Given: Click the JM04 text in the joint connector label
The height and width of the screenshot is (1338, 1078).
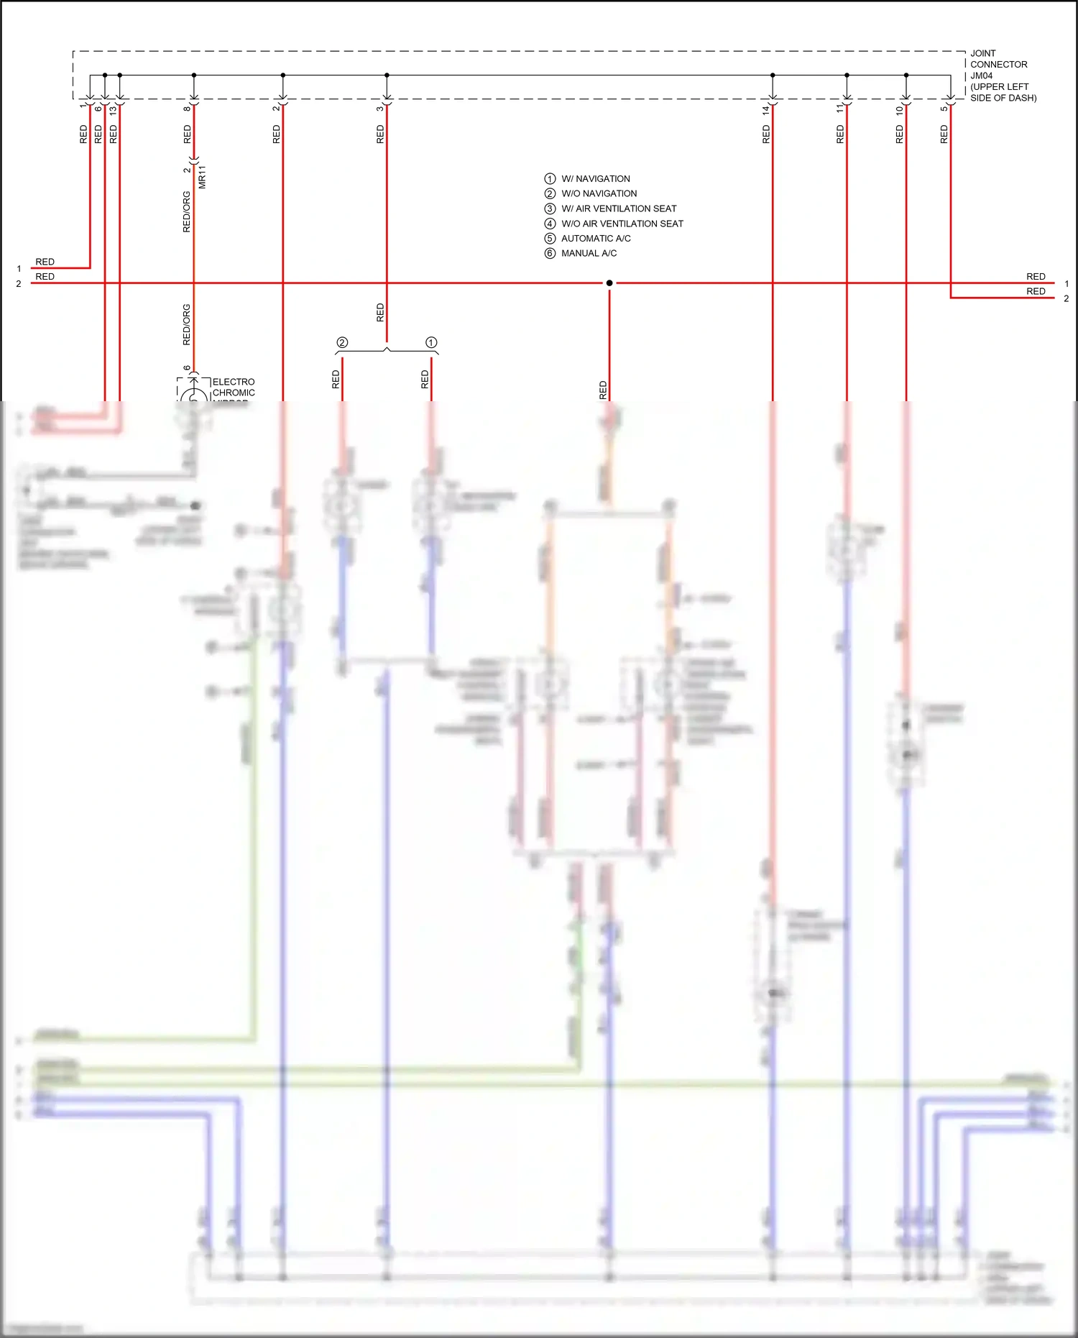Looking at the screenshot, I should point(981,75).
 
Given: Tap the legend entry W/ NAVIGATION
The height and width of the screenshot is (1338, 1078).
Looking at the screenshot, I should point(595,179).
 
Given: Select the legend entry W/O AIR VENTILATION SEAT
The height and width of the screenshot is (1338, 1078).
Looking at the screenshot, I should point(622,224).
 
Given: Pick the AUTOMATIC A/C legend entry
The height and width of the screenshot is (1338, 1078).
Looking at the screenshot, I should point(596,239).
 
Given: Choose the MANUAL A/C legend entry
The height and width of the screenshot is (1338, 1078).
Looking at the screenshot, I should point(589,254).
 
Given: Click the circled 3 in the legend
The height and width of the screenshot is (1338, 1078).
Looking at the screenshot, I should point(550,209).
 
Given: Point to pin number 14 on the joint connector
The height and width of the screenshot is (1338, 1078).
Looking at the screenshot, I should point(766,110).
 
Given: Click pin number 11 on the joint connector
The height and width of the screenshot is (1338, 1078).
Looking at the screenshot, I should point(840,109).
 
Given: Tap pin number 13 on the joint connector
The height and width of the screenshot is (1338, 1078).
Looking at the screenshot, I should point(113,110).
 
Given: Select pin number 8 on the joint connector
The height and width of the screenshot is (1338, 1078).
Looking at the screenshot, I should point(187,109).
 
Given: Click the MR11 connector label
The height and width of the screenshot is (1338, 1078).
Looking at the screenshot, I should point(202,177).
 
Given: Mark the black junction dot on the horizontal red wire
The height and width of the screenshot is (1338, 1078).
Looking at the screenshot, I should point(609,283).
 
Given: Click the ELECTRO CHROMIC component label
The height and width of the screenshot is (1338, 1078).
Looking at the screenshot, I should point(234,388).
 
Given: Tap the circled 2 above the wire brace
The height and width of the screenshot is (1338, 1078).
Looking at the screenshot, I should point(342,343).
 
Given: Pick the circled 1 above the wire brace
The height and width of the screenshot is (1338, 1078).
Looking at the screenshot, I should point(431,343).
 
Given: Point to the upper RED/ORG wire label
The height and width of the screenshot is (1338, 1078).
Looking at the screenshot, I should point(187,211).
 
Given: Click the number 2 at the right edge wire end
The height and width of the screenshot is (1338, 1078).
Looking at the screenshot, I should point(1067,298).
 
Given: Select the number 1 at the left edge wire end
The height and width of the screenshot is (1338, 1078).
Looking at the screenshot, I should point(19,269).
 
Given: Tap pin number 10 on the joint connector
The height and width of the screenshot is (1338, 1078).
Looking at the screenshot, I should point(899,110).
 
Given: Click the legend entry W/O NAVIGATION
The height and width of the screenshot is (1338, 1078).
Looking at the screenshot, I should point(599,194).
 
